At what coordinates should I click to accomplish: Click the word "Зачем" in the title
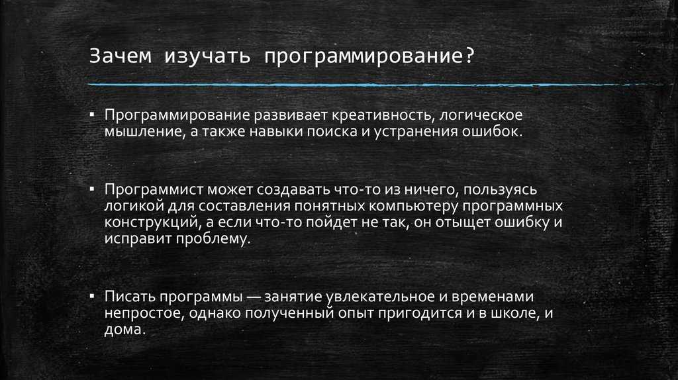click(121, 56)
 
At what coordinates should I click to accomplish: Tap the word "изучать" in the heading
click(207, 57)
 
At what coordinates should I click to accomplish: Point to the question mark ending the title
click(469, 56)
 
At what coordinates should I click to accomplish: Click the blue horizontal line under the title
click(375, 85)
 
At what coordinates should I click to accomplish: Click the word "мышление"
click(144, 132)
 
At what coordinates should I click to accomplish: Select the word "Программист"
click(154, 190)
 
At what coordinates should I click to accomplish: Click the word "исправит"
click(138, 239)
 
